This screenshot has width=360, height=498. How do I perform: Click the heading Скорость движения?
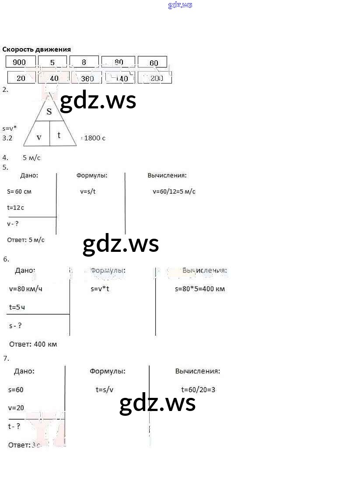[x=36, y=49]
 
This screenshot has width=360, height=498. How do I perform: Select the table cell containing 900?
[x=20, y=62]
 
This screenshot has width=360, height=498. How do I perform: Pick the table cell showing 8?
[x=84, y=62]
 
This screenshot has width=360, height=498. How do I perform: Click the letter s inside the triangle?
[x=49, y=111]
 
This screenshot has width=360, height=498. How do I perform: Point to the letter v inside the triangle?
[x=39, y=137]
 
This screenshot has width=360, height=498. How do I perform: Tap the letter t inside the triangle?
[x=59, y=135]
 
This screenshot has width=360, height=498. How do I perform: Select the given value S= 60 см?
[x=19, y=192]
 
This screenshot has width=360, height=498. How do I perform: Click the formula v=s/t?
[x=88, y=192]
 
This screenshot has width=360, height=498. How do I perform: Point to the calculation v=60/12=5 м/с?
[x=174, y=192]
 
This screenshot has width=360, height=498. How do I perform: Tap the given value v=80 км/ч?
[x=26, y=289]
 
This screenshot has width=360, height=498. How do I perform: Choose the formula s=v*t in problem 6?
[x=100, y=289]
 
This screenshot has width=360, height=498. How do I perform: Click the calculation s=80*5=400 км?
[x=200, y=289]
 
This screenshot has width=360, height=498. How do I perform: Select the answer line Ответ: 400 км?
[x=33, y=344]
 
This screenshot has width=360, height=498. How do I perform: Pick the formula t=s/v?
[x=105, y=390]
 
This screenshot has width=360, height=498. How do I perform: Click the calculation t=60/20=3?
[x=198, y=390]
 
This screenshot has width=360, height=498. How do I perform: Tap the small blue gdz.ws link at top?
[x=180, y=5]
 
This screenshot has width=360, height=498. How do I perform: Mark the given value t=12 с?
[x=16, y=208]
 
